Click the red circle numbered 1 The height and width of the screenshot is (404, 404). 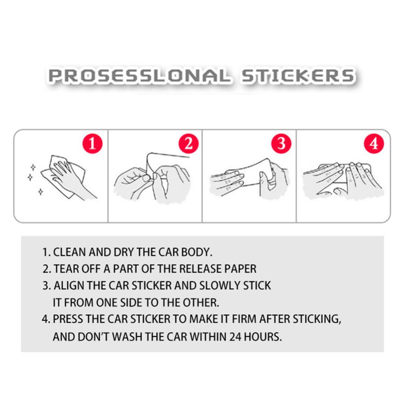point(92,143)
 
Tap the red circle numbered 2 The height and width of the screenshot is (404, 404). point(189,143)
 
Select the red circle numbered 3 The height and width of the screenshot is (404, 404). point(281,143)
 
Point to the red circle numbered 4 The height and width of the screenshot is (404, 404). point(374,143)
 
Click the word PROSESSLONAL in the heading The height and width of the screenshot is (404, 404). point(139,76)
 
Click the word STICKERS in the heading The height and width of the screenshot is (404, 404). point(298,76)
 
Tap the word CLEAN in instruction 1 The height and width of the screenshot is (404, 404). point(69,252)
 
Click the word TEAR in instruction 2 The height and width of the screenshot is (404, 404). point(64,269)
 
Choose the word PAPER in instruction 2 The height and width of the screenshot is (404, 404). point(240,269)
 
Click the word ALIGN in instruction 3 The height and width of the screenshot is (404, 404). point(69,286)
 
